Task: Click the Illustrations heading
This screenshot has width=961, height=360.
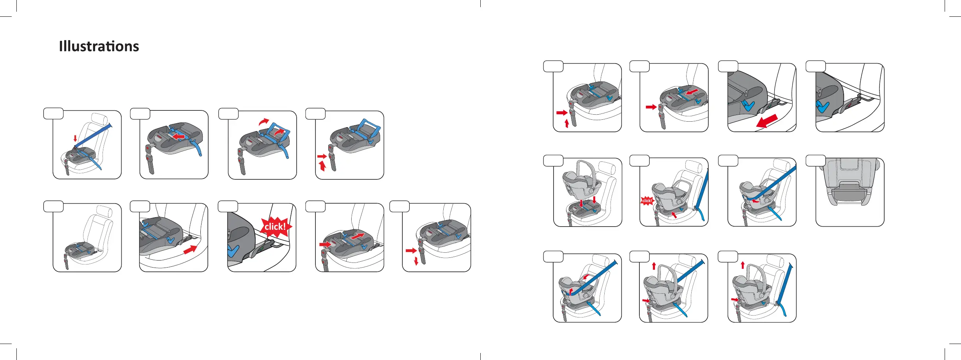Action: (99, 46)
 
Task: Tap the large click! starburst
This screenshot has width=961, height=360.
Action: (276, 227)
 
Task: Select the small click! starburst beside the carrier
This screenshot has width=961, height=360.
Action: (647, 200)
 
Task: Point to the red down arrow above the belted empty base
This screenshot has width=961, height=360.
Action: (75, 138)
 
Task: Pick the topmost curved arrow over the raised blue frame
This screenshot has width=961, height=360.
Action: (264, 122)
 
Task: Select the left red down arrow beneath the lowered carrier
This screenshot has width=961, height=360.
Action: (581, 203)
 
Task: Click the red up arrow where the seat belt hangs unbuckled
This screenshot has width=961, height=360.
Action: (743, 265)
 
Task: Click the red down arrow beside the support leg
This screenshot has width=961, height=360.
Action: (416, 261)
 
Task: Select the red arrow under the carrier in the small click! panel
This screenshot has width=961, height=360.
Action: (674, 215)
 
